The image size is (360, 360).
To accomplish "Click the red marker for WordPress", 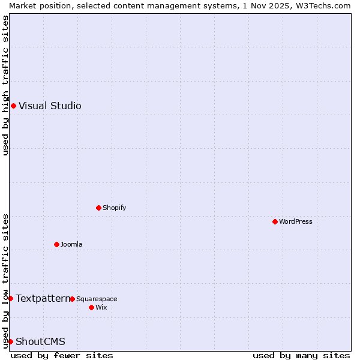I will pos(275,221).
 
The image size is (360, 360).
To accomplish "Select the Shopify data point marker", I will pos(98,208).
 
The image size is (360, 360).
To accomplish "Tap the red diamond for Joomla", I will pos(56,244).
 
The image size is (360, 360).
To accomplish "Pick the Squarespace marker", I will pos(72,299).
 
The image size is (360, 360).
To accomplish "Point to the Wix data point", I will pos(91,307).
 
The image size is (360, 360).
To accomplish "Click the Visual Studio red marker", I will pos(13,106).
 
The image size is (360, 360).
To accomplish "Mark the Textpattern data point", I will pos(10,298).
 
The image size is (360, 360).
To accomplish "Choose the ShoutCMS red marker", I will pos(10,341).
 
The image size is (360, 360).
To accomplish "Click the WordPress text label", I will pos(295,221).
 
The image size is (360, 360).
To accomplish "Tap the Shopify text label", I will pos(114,208).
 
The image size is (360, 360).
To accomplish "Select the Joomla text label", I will pos(71,244).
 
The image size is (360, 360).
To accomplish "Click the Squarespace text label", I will pos(97,299).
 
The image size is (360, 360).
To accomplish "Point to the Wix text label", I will pos(101,307).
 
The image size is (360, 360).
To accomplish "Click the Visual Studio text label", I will pos(50,106).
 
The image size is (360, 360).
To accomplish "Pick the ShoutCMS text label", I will pos(40,341).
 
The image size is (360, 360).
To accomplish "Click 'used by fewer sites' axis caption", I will pos(62,355).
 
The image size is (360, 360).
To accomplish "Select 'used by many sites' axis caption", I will pos(301,355).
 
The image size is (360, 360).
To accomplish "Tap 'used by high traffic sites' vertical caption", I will pos(5,85).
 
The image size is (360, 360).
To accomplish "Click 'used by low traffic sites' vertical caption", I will pos(5,280).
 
